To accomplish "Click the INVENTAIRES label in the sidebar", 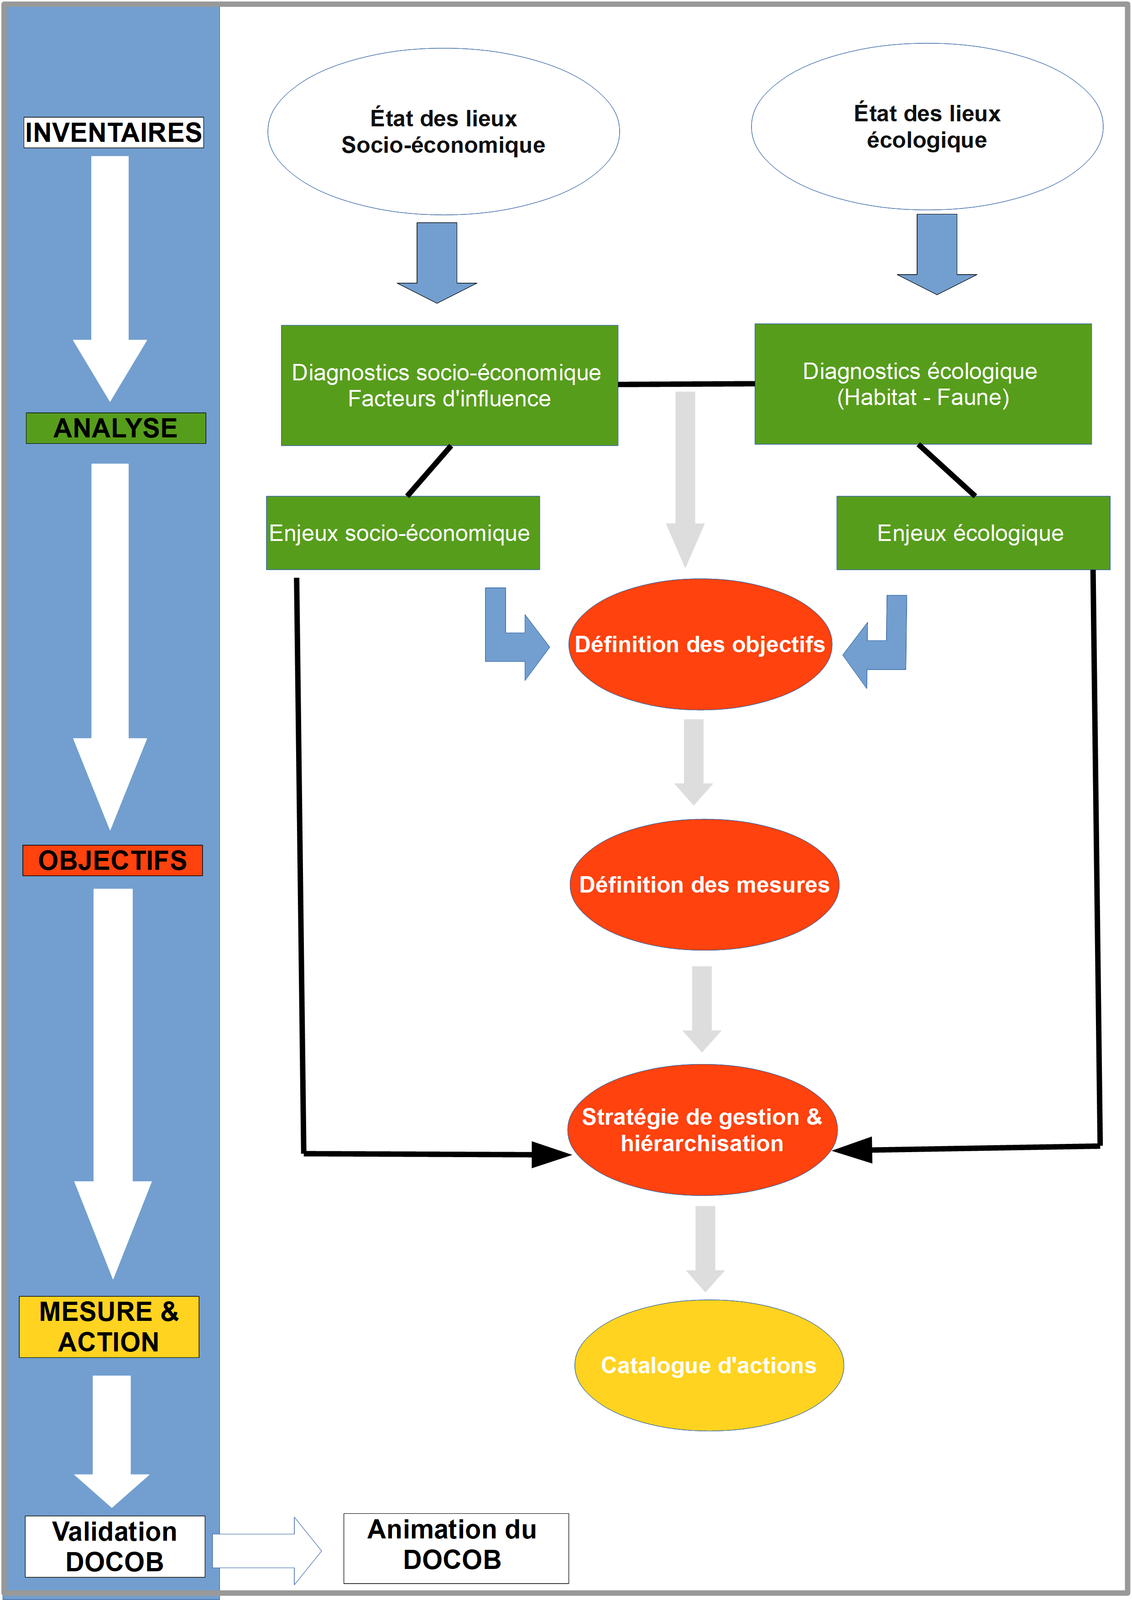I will coord(114,132).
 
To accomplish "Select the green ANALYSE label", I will coord(116,428).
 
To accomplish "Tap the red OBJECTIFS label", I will coord(112,860).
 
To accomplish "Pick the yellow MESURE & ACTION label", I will coord(109,1326).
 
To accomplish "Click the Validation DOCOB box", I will coord(115,1546).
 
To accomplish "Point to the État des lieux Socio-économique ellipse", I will coord(443,132).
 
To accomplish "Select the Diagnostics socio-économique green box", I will coord(449,385).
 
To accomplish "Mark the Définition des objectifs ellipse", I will coord(700,644).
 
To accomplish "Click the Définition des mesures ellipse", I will coord(704,884).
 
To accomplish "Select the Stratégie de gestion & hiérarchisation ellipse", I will coord(702,1130).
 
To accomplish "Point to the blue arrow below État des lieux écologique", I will coord(937,255).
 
